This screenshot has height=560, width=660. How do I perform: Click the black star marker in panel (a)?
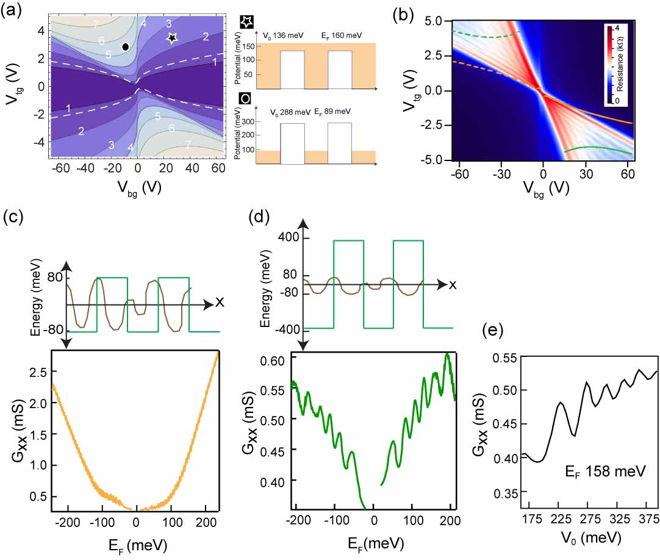(x=173, y=38)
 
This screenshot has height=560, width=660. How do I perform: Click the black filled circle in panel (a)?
(x=125, y=46)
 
